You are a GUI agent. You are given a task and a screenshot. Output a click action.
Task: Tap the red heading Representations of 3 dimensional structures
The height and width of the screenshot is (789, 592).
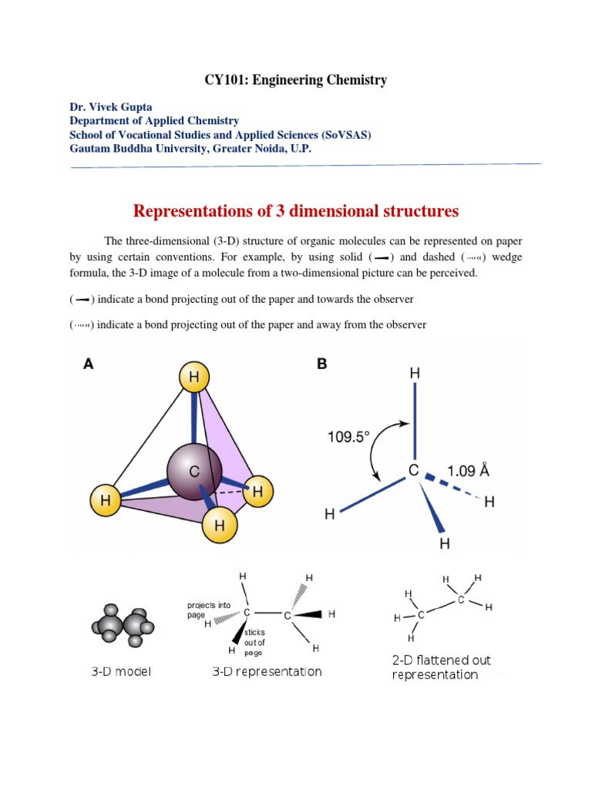point(296,211)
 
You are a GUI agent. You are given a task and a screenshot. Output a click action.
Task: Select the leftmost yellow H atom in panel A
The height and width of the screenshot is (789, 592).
point(105,499)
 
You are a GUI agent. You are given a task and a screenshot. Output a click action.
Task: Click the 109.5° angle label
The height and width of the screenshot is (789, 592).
point(349,435)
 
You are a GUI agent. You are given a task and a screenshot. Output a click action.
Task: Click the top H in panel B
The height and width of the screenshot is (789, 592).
point(415,374)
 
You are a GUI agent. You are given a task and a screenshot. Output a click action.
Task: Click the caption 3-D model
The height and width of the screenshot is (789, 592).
point(122,671)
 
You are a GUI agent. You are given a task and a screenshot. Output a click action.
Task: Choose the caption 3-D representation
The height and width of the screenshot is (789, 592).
point(267,671)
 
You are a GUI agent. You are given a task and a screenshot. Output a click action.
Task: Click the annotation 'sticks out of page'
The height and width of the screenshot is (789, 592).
point(254,642)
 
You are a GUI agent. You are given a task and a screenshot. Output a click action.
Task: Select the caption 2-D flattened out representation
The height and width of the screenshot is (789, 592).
point(441,667)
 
